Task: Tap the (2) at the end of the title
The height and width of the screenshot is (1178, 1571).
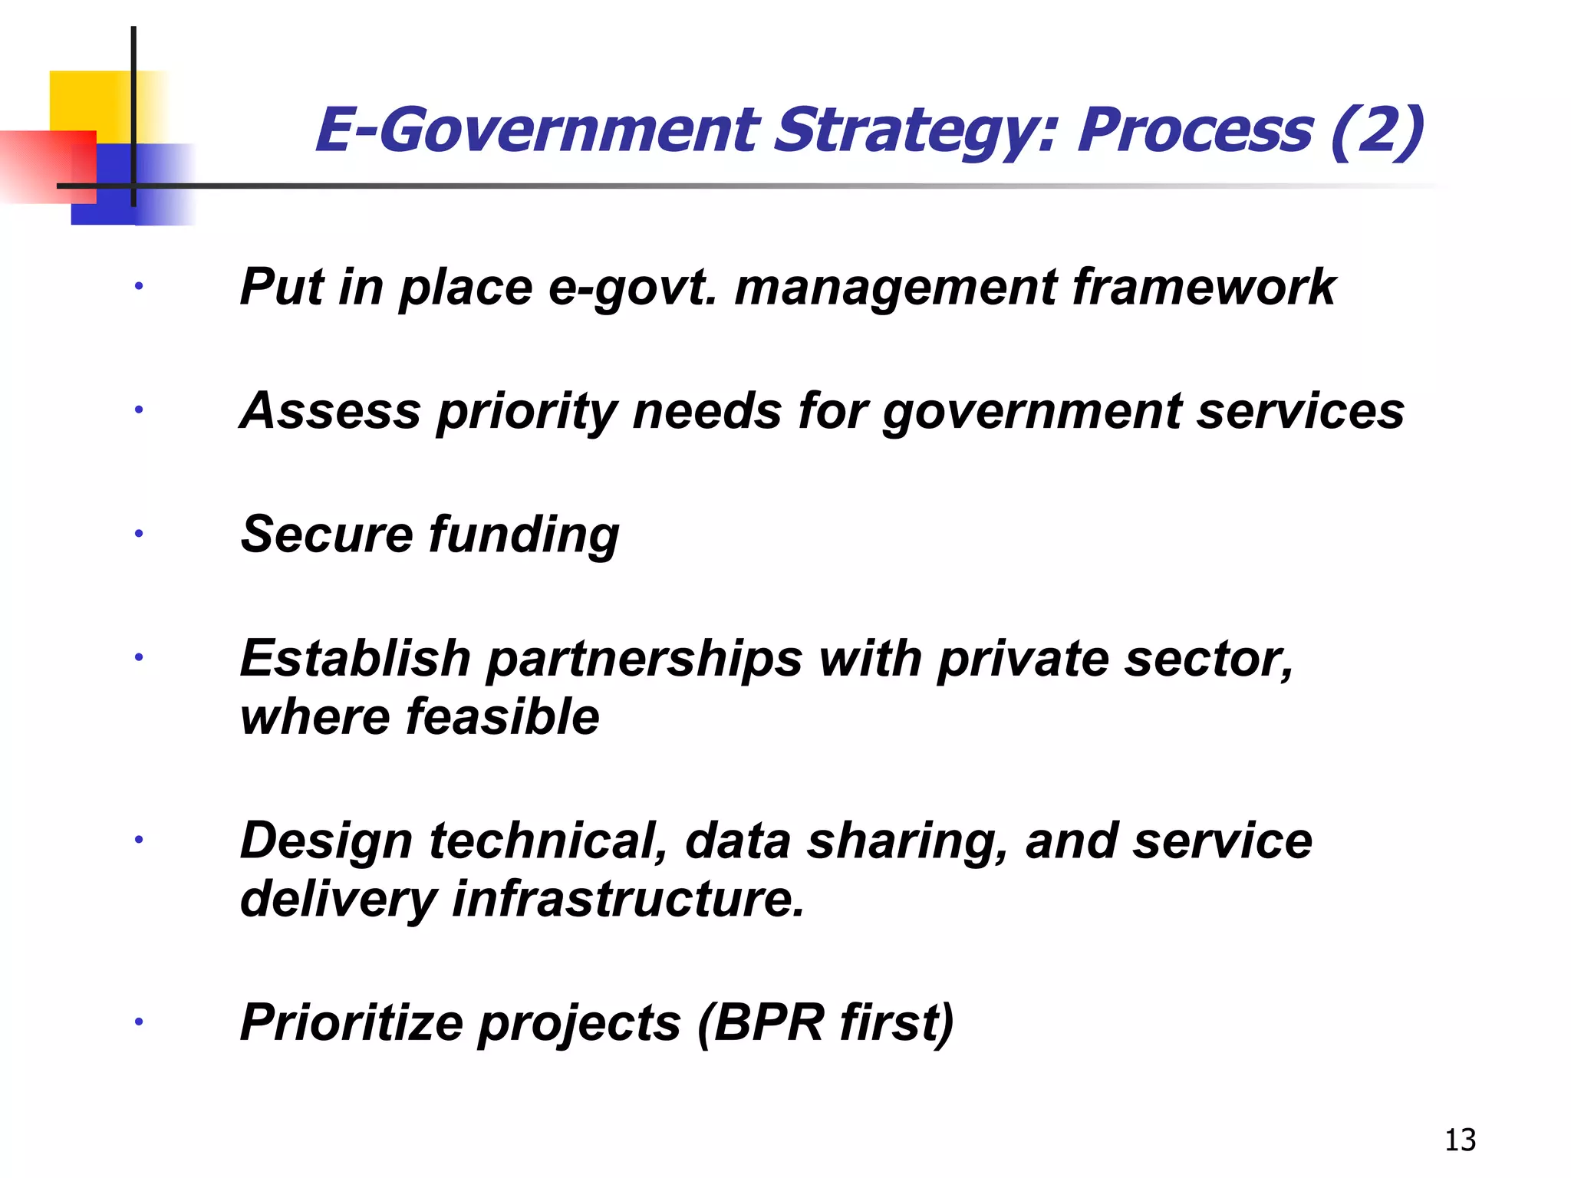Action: [1376, 131]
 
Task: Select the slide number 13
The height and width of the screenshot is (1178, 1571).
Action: [1460, 1140]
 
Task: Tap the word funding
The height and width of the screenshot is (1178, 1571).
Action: [524, 535]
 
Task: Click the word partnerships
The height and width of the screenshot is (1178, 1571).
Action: [644, 659]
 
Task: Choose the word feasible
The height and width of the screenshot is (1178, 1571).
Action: [502, 717]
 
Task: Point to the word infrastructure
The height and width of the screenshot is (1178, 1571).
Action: [628, 899]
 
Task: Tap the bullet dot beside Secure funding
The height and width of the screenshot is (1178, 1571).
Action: [139, 534]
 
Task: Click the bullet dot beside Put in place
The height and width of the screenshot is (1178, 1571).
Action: [139, 287]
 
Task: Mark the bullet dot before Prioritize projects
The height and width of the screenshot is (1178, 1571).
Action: [139, 1022]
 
